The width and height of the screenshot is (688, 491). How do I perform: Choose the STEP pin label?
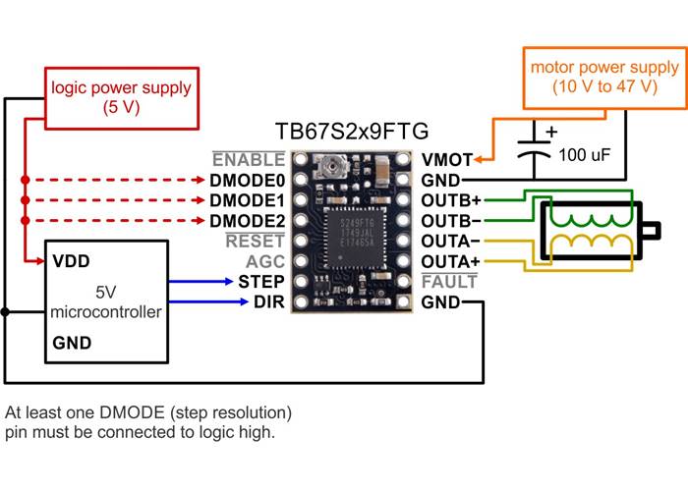click(261, 281)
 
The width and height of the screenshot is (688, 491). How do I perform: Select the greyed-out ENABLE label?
click(249, 159)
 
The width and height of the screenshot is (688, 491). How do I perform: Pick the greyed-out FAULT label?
click(449, 282)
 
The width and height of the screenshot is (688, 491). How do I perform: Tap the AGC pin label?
click(265, 261)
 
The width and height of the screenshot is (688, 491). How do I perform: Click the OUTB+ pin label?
click(451, 200)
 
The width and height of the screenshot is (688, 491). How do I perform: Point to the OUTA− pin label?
click(451, 241)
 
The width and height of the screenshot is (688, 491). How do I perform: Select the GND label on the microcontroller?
click(72, 343)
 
